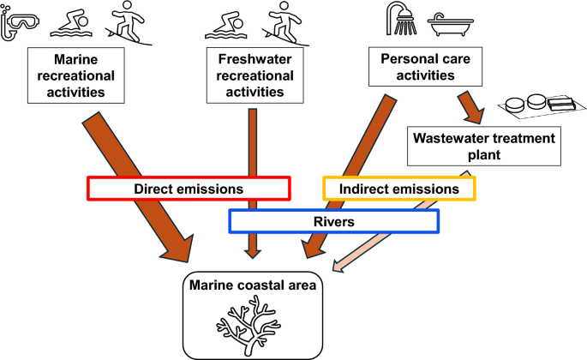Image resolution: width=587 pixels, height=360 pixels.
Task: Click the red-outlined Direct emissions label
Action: click(189, 188)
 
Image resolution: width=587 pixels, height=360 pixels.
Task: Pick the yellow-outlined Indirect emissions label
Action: click(398, 188)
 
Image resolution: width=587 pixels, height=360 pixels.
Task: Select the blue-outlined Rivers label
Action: click(334, 221)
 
